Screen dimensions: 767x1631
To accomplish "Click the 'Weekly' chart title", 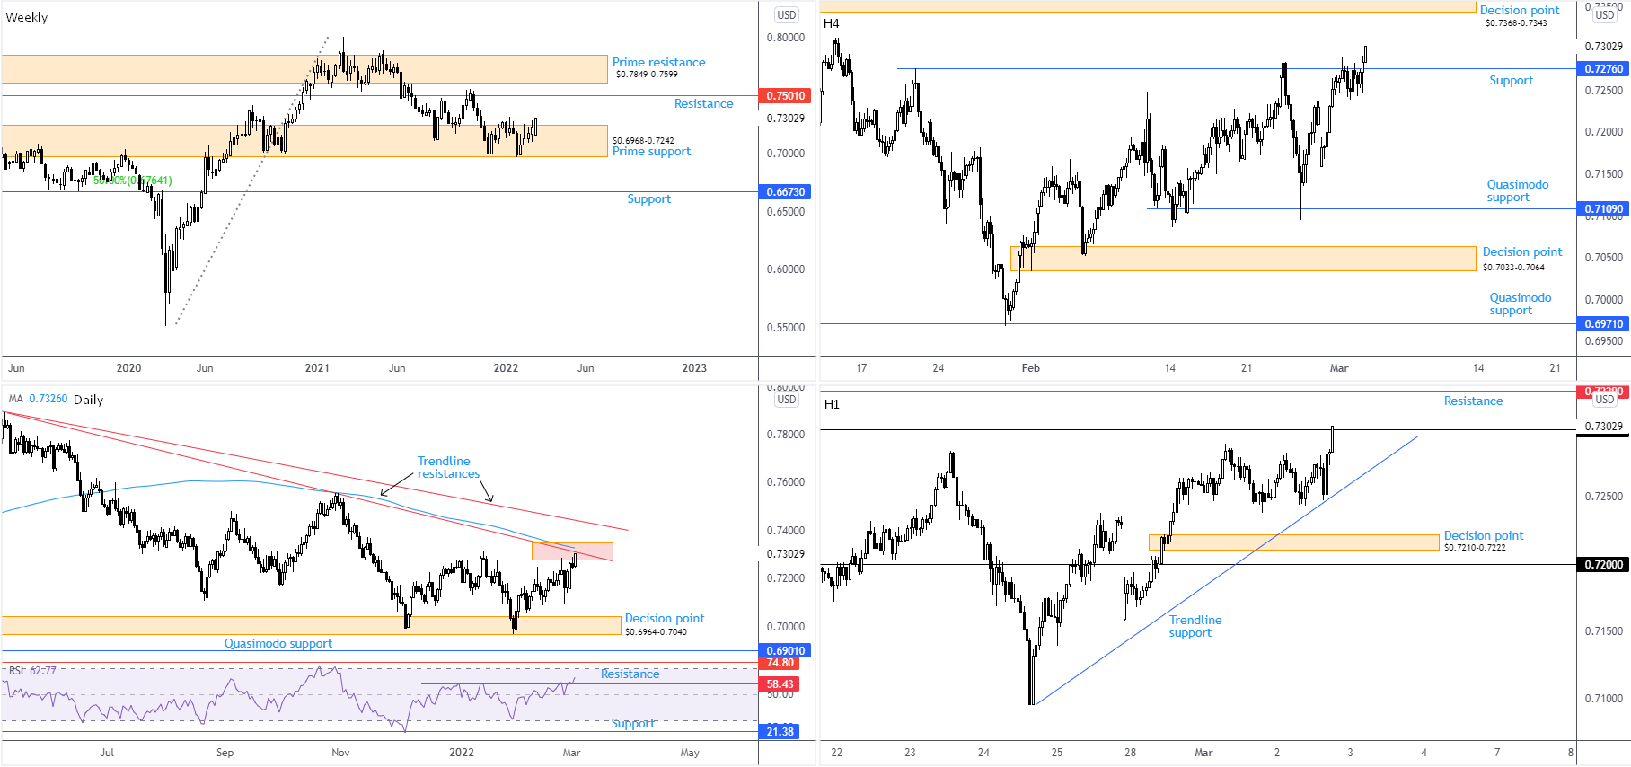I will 27,17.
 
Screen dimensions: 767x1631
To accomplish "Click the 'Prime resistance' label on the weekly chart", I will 658,62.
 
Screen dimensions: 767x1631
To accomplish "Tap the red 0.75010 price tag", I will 786,95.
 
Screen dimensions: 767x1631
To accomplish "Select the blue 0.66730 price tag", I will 786,191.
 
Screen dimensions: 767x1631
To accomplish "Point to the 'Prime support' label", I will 651,152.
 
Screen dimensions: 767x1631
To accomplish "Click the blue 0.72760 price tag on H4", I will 1603,68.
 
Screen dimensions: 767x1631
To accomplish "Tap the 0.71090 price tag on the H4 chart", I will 1603,208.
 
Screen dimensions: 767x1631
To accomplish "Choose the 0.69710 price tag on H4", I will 1603,323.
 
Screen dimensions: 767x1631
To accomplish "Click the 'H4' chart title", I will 832,23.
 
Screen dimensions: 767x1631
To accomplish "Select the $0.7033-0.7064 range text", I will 1513,267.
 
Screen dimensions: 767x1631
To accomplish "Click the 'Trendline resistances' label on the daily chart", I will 447,467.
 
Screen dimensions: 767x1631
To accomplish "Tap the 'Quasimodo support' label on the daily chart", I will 278,643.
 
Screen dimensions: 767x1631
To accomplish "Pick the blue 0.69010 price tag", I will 786,650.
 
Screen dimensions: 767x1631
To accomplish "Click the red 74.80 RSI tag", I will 780,663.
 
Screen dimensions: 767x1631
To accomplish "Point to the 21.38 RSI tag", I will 780,731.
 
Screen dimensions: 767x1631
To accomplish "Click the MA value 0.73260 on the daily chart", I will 48,399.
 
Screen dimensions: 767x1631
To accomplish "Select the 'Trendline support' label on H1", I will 1195,626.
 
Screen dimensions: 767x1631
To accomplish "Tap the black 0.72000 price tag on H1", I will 1603,564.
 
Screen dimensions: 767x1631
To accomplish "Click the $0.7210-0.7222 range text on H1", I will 1475,547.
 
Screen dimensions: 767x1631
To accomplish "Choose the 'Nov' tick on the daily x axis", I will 340,753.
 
